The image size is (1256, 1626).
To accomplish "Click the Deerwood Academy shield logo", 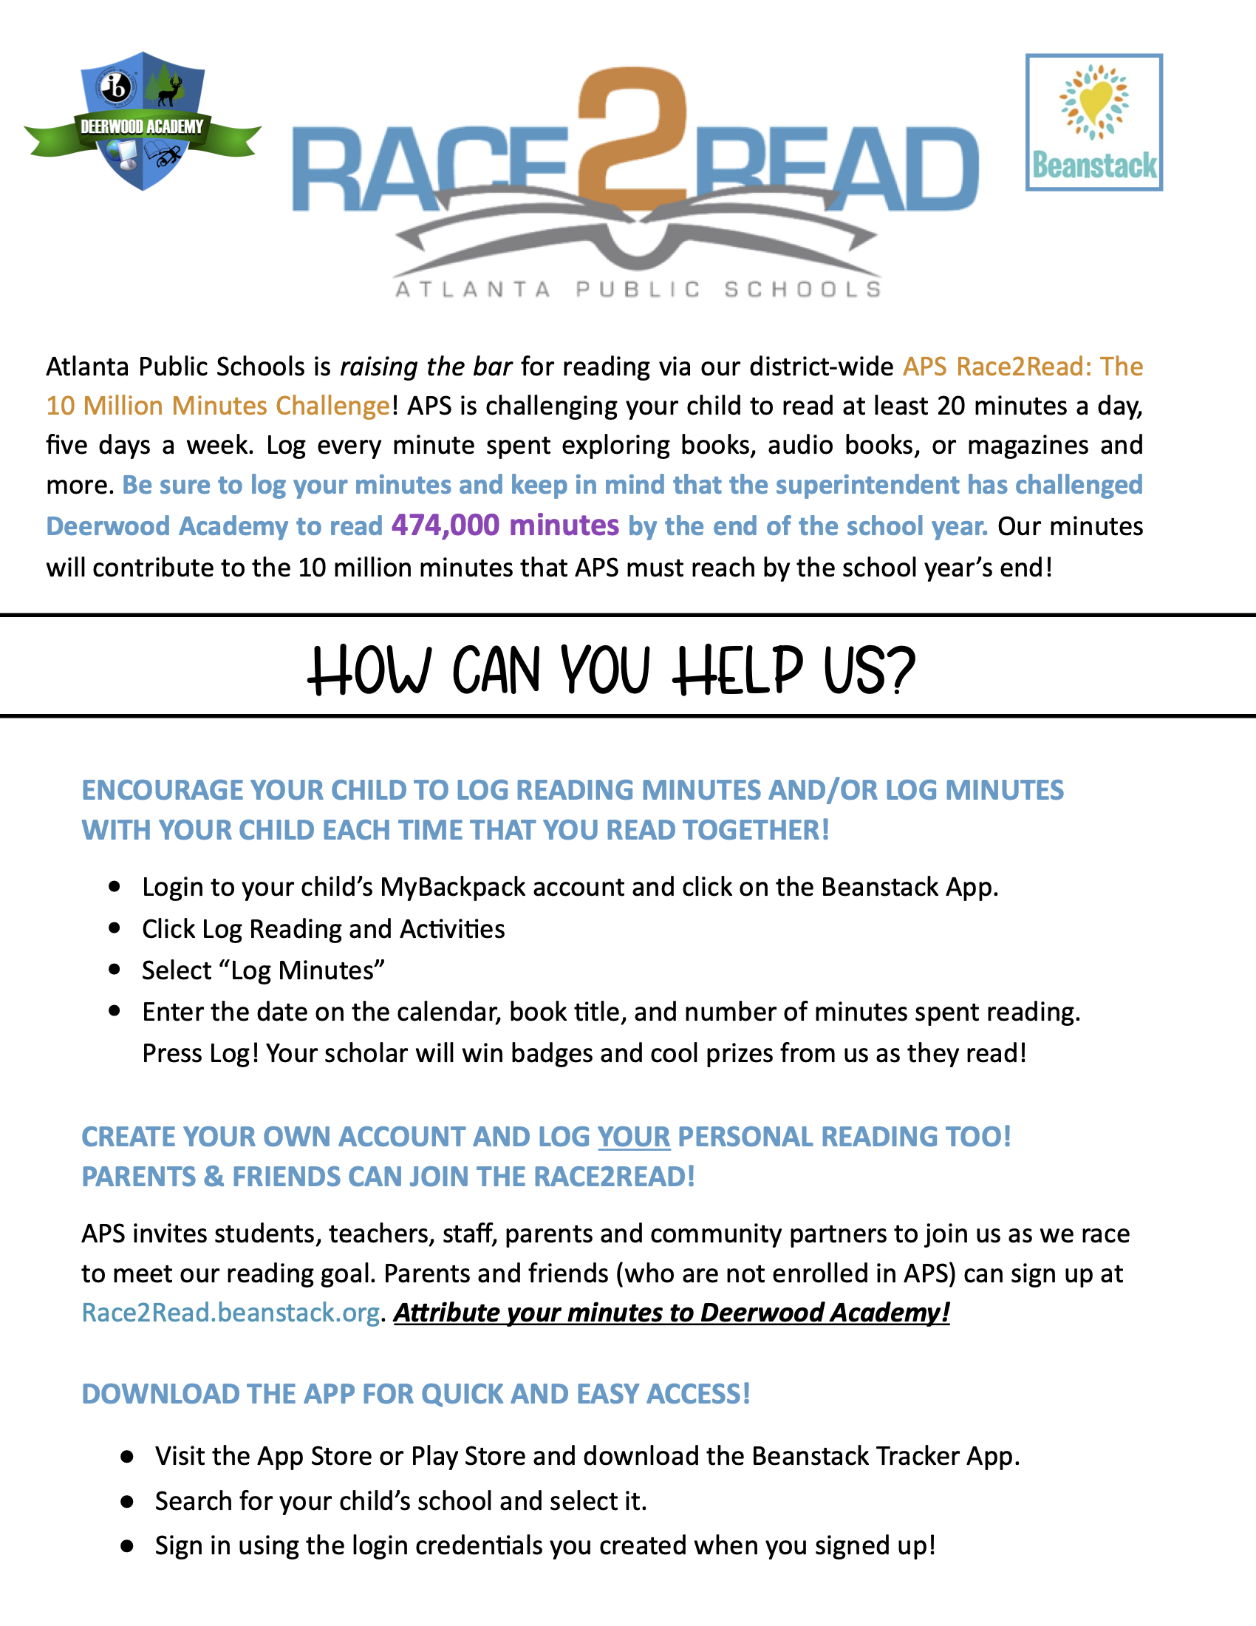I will point(141,120).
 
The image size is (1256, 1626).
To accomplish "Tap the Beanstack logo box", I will point(1093,122).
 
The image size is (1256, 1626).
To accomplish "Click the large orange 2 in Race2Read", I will point(633,137).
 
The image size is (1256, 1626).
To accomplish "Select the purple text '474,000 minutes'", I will point(505,525).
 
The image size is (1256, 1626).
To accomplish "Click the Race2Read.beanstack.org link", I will point(231,1313).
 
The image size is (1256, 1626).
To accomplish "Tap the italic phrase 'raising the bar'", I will point(426,367).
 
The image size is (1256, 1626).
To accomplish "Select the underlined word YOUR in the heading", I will point(633,1137).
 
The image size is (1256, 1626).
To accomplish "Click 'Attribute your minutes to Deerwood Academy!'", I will point(671,1313).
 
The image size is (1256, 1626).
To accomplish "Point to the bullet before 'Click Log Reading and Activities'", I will point(115,928).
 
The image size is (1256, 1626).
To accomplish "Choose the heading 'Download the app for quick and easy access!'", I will point(416,1394).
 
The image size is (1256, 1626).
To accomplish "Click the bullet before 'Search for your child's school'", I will point(127,1501).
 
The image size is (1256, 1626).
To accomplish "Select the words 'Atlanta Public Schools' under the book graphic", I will point(638,289).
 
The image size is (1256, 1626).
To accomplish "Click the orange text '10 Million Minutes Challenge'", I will point(218,406).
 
